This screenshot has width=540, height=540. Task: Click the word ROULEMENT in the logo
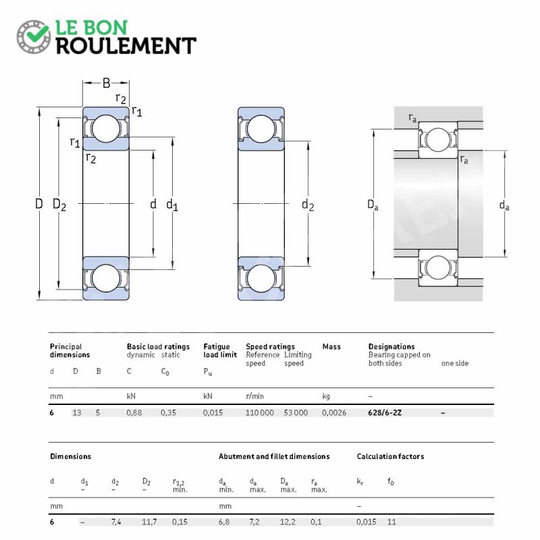[126, 45]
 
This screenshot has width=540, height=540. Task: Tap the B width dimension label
[106, 84]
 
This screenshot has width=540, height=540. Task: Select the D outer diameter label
[38, 203]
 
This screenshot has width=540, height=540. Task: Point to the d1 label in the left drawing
[172, 205]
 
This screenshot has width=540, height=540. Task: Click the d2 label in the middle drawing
[308, 205]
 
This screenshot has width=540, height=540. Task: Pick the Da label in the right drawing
[373, 205]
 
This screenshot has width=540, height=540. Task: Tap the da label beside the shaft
[504, 205]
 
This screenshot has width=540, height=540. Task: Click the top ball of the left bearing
[105, 128]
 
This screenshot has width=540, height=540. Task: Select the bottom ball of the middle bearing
[261, 278]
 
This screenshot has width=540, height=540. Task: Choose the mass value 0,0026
[334, 412]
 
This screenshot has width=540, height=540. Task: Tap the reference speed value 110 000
[260, 412]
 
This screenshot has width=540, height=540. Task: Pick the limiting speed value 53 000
[296, 412]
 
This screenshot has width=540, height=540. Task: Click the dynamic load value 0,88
[134, 412]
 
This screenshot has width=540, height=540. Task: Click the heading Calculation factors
[390, 456]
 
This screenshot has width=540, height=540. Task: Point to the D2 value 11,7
[150, 522]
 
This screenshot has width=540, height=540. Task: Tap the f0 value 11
[392, 522]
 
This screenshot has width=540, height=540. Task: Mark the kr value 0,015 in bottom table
[367, 522]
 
